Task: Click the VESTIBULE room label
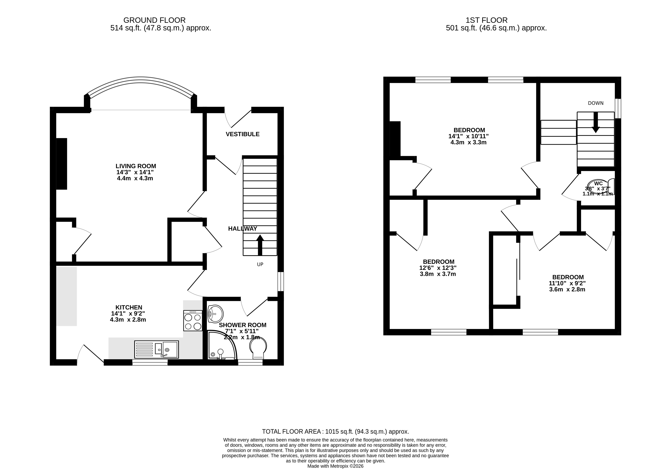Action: coord(243,134)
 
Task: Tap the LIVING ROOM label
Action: coord(136,166)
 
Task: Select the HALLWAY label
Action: coord(243,229)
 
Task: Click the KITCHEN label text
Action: coord(129,307)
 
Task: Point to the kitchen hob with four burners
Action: coord(193,320)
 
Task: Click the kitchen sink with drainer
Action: coord(156,349)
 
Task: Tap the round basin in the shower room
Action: coord(215,314)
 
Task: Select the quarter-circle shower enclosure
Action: coord(222,345)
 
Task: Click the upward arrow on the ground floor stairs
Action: coord(260,245)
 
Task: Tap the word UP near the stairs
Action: coord(260,264)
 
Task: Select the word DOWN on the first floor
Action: coord(596,103)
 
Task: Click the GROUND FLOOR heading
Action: coord(154,20)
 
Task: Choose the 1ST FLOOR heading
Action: coord(487,20)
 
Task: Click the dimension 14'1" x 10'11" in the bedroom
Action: coord(468,136)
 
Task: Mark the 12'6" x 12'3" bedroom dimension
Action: coord(438,268)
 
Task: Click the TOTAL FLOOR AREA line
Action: coord(336,431)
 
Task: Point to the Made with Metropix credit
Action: coord(336,466)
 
